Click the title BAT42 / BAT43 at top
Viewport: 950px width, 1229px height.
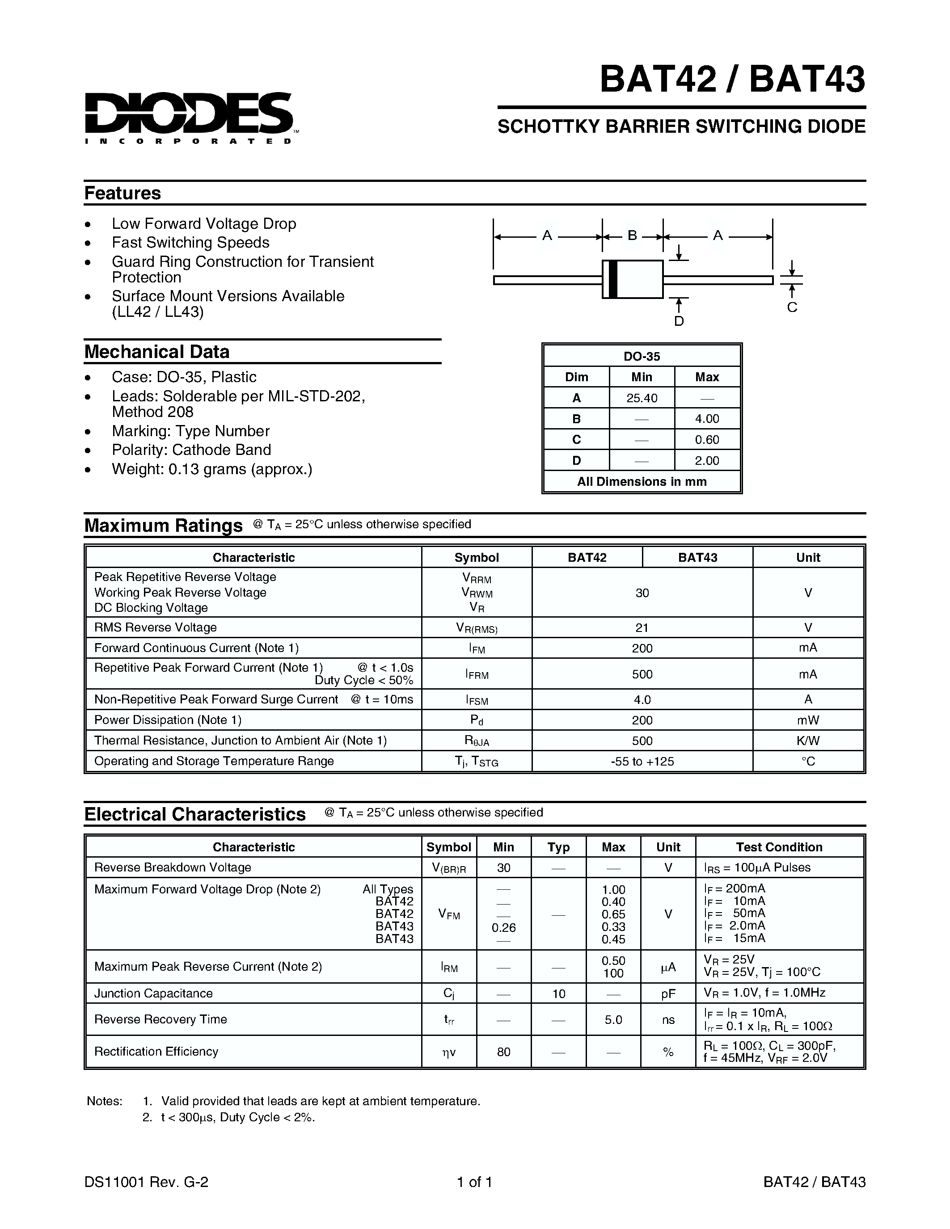(x=732, y=80)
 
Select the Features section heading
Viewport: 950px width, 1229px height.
(x=122, y=193)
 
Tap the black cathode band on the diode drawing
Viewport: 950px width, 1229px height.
(x=613, y=279)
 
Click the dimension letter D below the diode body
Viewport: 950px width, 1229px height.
(x=679, y=321)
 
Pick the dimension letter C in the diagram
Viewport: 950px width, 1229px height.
(x=792, y=307)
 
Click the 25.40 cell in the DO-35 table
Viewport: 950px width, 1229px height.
(x=642, y=398)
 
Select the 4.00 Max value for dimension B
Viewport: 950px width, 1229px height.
(x=707, y=419)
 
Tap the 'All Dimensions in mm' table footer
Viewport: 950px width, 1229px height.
(x=642, y=482)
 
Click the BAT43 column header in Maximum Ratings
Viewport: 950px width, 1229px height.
(x=697, y=557)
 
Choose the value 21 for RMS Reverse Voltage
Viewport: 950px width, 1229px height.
(x=642, y=627)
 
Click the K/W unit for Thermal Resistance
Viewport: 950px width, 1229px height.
(x=808, y=741)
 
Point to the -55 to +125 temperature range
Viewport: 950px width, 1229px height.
(x=642, y=762)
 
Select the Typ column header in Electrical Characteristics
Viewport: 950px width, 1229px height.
(x=558, y=847)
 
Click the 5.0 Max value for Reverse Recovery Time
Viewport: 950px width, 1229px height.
(x=613, y=1020)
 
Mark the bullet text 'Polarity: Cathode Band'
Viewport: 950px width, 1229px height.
(x=191, y=450)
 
